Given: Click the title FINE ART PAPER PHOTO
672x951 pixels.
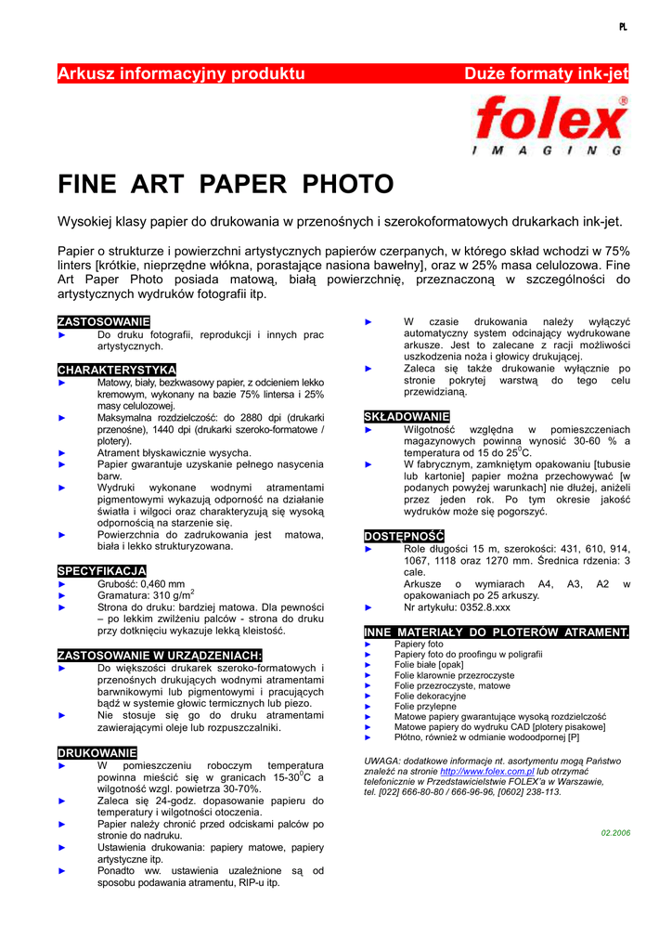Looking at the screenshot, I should [226, 184].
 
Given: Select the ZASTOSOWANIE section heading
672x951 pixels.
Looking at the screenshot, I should [97, 321].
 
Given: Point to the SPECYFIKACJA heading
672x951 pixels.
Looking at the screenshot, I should [101, 570].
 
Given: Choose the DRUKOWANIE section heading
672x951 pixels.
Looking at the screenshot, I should [97, 752].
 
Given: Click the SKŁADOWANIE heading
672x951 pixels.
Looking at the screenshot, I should [407, 417].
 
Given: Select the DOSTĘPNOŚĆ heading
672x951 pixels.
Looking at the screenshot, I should [404, 536].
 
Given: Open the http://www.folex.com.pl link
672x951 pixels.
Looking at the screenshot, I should [487, 771].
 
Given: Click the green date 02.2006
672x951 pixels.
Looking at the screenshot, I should [615, 832].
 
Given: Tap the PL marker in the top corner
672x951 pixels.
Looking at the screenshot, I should [623, 27].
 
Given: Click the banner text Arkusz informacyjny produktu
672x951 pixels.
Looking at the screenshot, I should [181, 73].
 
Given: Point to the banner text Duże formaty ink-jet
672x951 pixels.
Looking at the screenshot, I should [546, 73].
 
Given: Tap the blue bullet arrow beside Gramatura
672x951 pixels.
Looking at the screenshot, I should [63, 595].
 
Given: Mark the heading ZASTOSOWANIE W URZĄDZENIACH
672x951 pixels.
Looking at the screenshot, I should [160, 655].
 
